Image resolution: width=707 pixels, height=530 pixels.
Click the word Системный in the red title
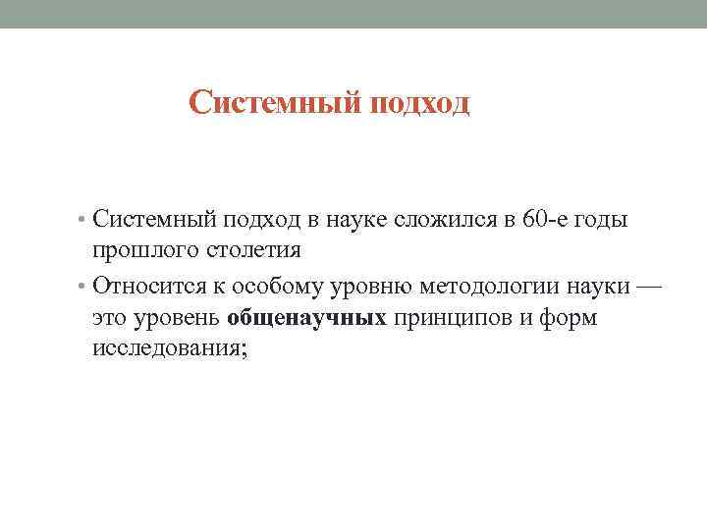click(276, 103)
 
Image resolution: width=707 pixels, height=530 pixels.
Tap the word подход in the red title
click(420, 103)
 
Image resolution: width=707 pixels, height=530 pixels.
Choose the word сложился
click(443, 219)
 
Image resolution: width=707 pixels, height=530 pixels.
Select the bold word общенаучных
click(307, 318)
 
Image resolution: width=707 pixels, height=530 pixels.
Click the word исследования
click(171, 348)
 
